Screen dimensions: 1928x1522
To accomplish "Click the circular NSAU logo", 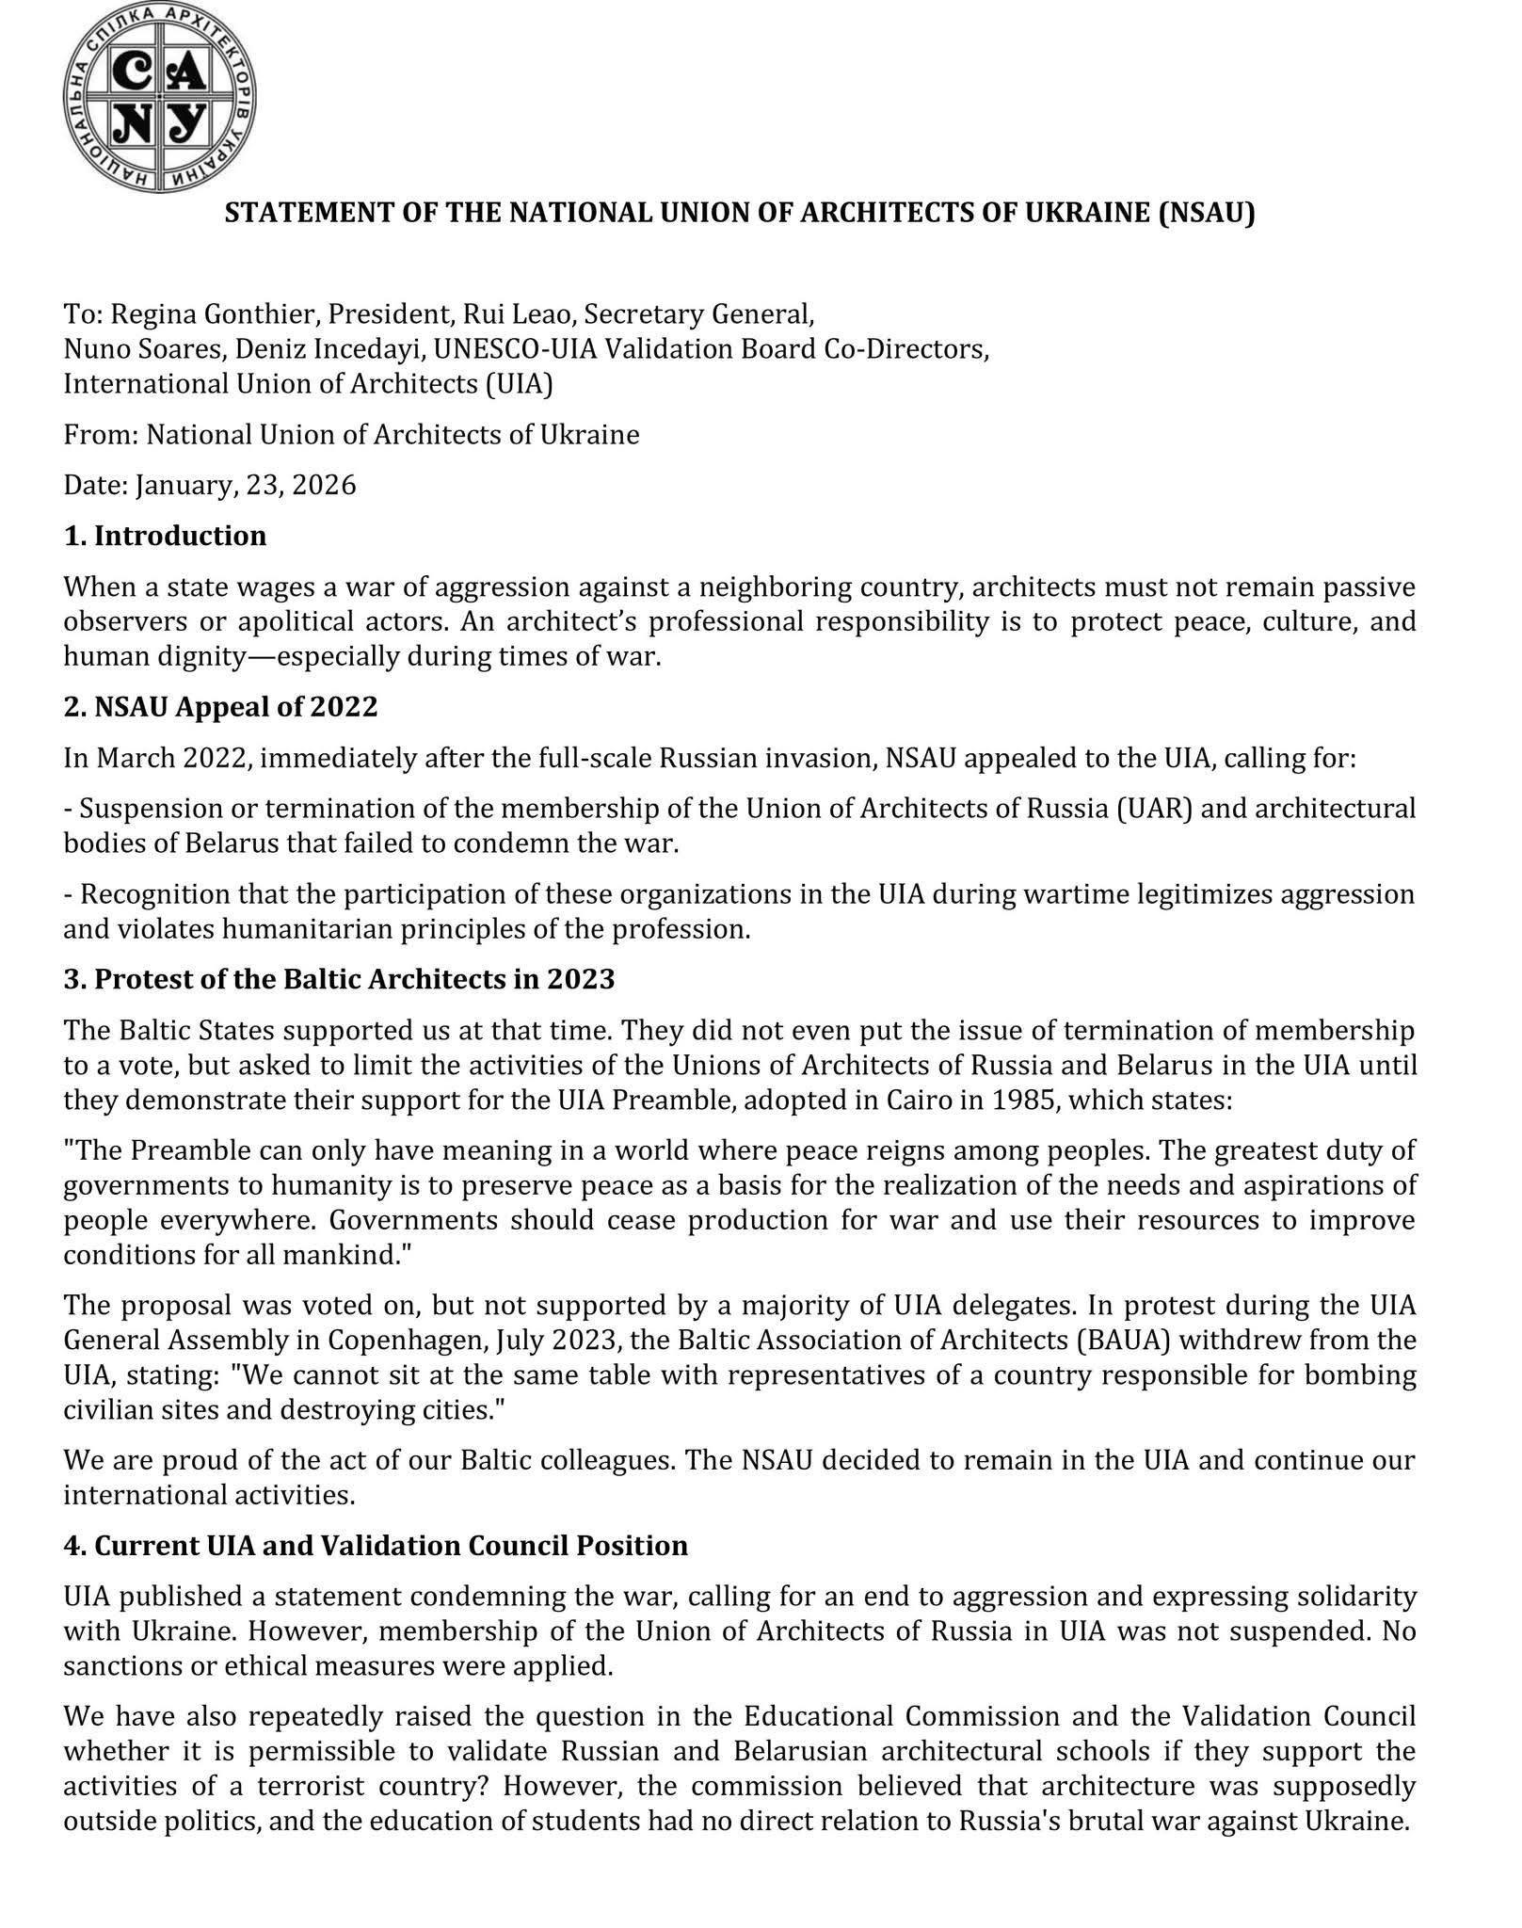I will [161, 96].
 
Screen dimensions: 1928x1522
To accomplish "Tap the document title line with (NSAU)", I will [740, 213].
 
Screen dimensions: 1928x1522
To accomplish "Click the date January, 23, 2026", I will [246, 485].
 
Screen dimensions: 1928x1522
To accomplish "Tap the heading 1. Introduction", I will [165, 536].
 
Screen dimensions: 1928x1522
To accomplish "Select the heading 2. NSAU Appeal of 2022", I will [220, 706].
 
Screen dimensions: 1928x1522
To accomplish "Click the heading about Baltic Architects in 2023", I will [339, 979].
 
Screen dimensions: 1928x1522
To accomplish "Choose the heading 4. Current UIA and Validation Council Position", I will [376, 1546].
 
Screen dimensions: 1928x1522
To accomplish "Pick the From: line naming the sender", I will [351, 434].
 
